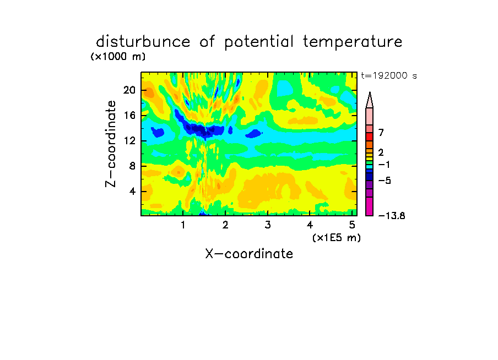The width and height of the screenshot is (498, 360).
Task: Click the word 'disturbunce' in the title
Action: click(143, 42)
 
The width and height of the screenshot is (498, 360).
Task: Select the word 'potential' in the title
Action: click(259, 42)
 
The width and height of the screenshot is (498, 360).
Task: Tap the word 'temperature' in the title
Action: click(353, 42)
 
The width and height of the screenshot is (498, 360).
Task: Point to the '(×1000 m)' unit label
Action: click(118, 57)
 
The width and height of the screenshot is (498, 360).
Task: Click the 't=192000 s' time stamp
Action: click(389, 75)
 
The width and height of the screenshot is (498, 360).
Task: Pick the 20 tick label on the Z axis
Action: click(129, 90)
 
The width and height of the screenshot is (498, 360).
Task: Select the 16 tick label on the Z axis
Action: click(129, 115)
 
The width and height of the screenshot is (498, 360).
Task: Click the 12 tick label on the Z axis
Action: click(129, 140)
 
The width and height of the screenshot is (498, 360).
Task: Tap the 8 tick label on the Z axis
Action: click(132, 166)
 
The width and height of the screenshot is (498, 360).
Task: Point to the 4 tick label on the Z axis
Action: click(132, 192)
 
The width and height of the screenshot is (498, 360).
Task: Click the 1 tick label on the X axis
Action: click(183, 225)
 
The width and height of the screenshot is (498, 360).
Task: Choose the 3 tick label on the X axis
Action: click(268, 225)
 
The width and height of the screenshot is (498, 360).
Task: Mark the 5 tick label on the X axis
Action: click(352, 225)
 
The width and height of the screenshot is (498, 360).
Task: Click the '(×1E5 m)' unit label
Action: click(337, 238)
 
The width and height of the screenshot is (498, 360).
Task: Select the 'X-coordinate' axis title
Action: click(249, 254)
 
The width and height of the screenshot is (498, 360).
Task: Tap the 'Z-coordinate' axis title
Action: click(111, 144)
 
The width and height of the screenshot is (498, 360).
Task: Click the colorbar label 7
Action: click(381, 133)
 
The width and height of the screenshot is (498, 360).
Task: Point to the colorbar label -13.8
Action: click(392, 216)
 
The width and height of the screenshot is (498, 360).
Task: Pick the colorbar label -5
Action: click(385, 181)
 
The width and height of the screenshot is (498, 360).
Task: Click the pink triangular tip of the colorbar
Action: click(370, 100)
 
